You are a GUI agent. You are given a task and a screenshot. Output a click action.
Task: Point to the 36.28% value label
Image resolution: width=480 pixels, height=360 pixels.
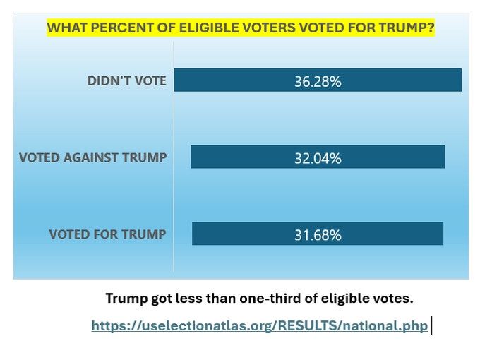[318, 81]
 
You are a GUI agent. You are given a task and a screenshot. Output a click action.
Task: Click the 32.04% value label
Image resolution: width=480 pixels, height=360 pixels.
[318, 158]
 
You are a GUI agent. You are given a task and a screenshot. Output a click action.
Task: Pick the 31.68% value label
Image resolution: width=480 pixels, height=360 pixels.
[318, 234]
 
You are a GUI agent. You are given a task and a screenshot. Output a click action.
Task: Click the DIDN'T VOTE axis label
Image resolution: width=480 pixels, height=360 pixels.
[126, 80]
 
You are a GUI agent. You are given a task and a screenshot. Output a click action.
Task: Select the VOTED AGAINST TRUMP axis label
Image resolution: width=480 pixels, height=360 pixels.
[92, 157]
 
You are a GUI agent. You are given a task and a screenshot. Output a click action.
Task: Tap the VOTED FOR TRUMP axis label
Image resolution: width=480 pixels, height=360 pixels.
[107, 234]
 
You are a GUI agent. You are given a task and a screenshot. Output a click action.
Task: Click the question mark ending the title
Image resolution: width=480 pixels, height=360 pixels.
[431, 29]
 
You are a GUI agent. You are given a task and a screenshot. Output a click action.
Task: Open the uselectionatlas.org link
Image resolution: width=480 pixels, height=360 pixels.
[259, 326]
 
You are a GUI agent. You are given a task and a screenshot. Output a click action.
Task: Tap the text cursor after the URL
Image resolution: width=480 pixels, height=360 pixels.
[431, 326]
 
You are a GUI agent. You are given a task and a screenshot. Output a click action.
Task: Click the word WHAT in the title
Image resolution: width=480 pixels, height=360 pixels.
[64, 29]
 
